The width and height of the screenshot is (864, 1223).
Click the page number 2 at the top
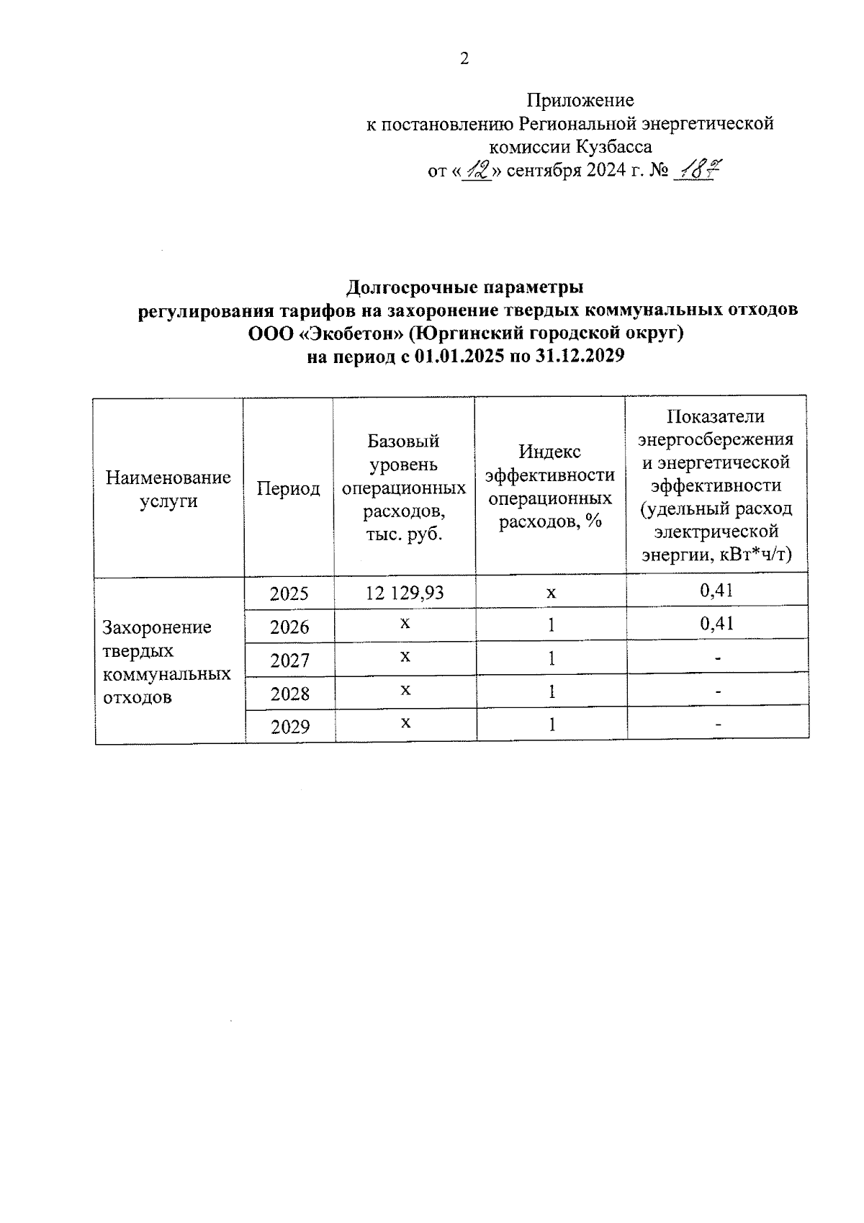[464, 59]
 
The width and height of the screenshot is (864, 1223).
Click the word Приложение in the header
[580, 100]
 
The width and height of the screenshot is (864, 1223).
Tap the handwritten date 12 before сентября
[476, 171]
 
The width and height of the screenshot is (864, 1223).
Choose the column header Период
[289, 489]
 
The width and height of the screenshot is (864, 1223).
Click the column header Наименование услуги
[168, 489]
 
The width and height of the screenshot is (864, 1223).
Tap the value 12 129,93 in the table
[405, 593]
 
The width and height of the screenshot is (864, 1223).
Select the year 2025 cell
[289, 593]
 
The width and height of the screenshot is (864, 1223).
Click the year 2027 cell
[289, 660]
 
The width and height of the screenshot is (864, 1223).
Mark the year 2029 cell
[290, 727]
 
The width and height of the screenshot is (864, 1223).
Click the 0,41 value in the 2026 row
[716, 623]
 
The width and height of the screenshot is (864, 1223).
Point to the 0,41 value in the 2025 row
[716, 591]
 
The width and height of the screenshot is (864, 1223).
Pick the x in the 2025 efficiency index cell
[551, 593]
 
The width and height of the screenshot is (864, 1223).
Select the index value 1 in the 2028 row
[552, 692]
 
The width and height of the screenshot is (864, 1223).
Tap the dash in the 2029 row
[718, 725]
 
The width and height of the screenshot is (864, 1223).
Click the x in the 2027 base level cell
[405, 656]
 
